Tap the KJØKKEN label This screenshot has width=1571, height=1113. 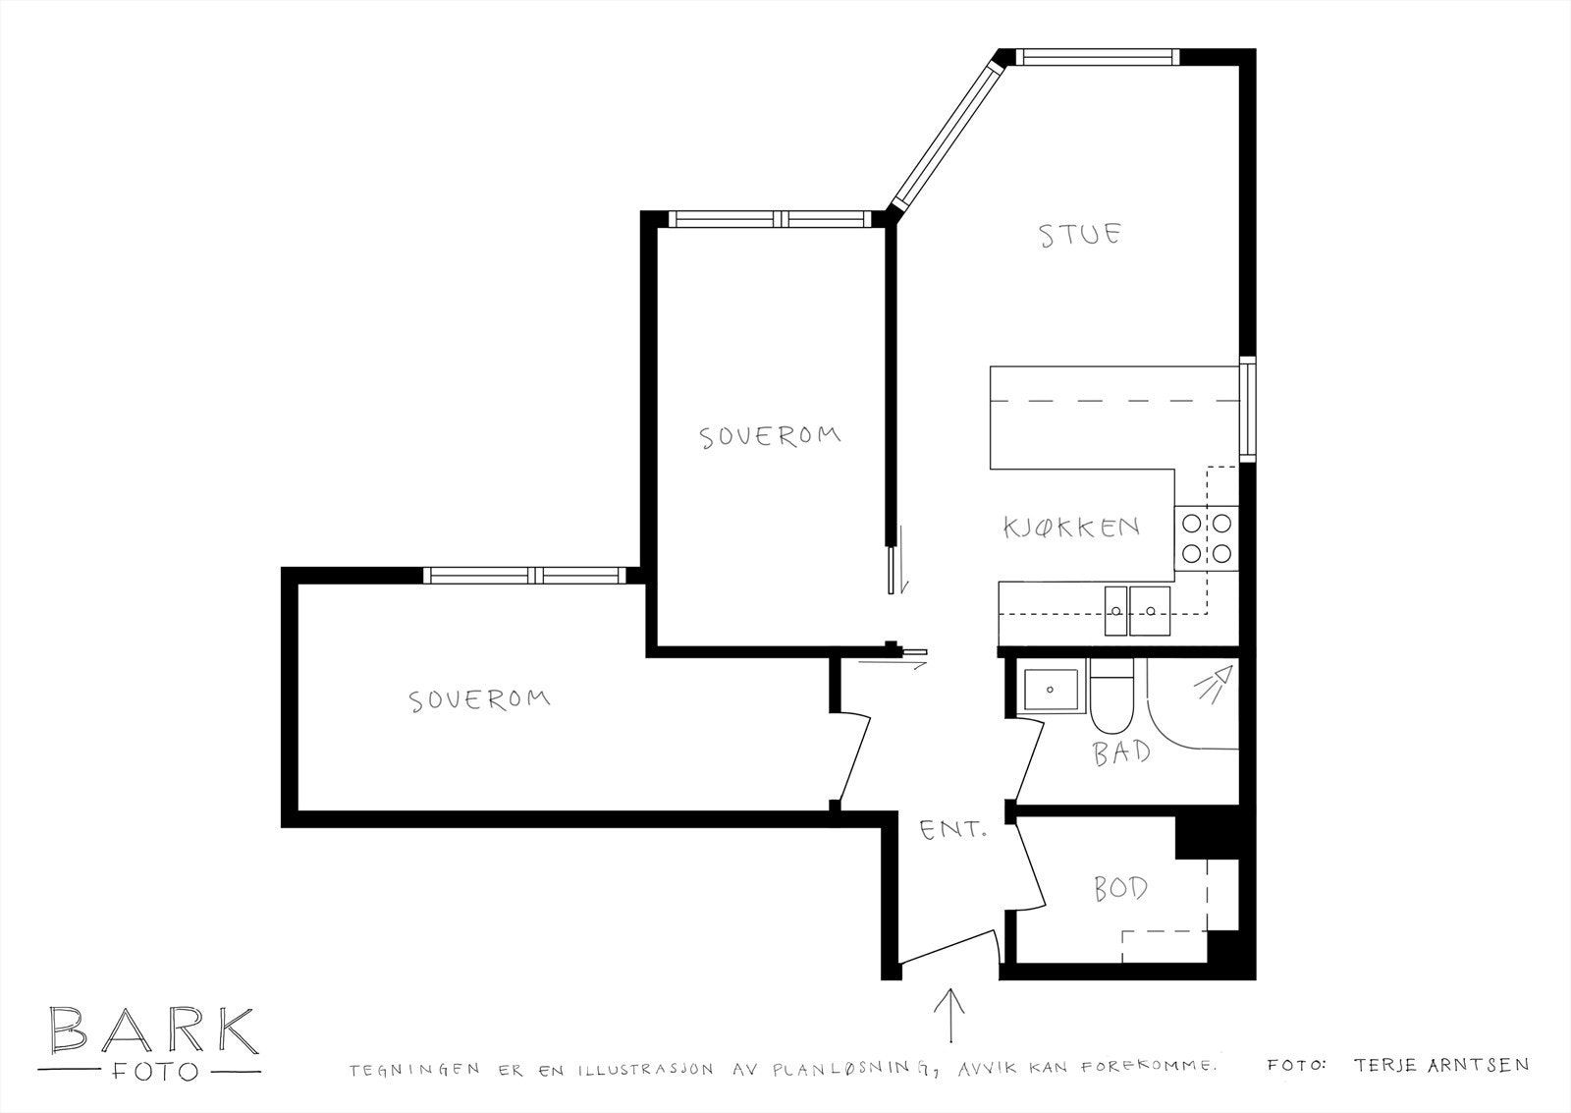1071,528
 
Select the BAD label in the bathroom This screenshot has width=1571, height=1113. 1121,752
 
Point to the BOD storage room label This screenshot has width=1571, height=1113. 1120,889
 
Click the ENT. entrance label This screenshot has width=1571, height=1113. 951,831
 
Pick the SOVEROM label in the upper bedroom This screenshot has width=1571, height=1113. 770,435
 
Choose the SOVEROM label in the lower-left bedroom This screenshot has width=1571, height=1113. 479,699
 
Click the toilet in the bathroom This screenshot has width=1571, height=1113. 1111,697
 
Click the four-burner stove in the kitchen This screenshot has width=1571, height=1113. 1207,538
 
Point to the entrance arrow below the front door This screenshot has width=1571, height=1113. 950,1014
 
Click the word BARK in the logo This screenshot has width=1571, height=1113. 153,1030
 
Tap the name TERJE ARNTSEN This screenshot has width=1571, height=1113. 1440,1065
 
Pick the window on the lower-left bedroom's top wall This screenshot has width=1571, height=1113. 524,575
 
